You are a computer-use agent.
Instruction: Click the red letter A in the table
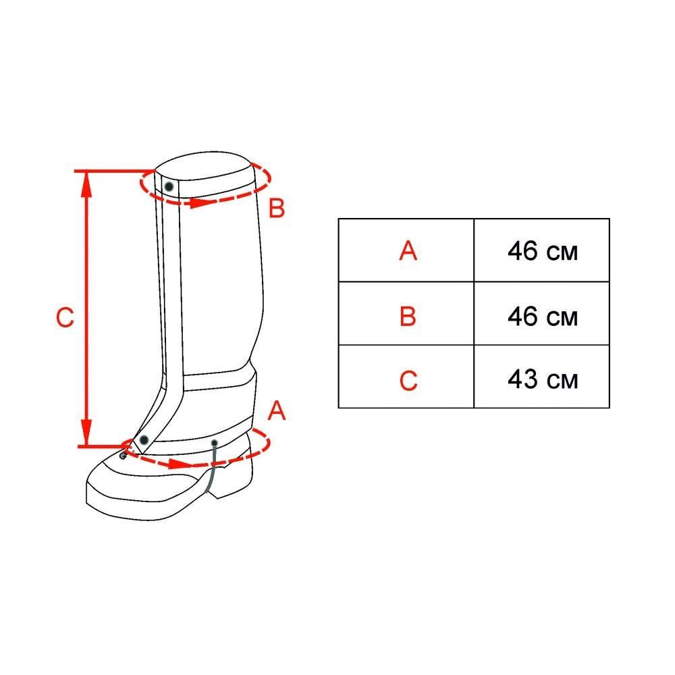(408, 250)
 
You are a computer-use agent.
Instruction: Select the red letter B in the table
(408, 317)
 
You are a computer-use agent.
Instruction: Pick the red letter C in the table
(408, 380)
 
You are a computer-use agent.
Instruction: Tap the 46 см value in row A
(542, 251)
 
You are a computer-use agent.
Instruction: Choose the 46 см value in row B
(542, 317)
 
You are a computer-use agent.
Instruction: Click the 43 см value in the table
(542, 379)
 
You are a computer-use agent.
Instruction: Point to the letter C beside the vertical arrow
(65, 317)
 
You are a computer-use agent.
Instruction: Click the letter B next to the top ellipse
(276, 208)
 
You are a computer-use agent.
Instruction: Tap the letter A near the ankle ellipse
(276, 410)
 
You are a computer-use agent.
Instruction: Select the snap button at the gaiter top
(169, 186)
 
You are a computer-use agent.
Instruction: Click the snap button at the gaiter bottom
(144, 440)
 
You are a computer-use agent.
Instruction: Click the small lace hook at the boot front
(123, 454)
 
